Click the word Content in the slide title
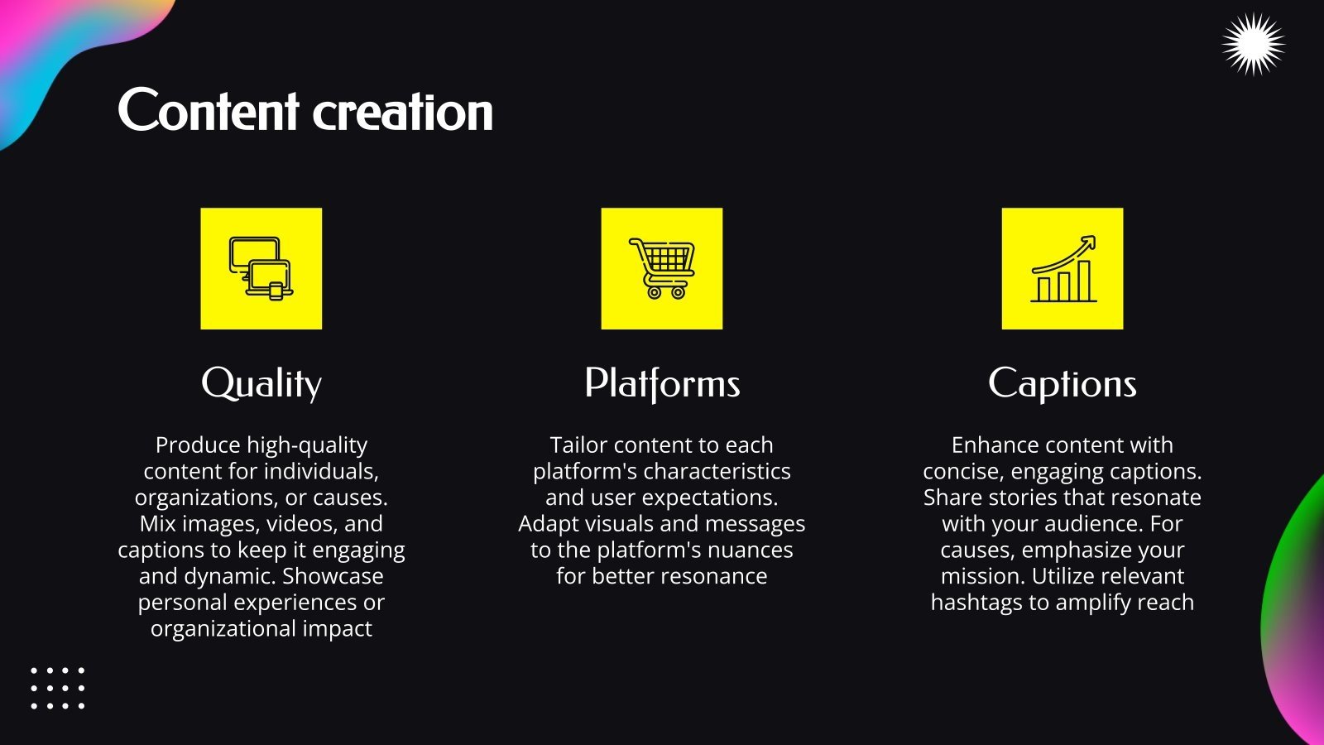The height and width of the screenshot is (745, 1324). click(x=208, y=111)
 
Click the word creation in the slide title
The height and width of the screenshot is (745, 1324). click(x=403, y=113)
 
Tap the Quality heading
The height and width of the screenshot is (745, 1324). click(x=261, y=384)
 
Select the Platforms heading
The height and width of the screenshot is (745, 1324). click(x=662, y=384)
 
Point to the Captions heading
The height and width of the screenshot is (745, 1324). click(x=1063, y=384)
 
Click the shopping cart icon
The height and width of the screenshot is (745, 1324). click(x=662, y=268)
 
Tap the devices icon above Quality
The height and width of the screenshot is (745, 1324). click(x=261, y=268)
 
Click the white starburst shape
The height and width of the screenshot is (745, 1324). click(x=1254, y=45)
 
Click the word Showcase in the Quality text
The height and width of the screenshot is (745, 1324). click(x=333, y=576)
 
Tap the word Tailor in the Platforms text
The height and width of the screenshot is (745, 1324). click(x=578, y=445)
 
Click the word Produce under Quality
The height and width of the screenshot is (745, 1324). click(x=198, y=445)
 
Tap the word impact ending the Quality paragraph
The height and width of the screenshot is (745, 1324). click(x=337, y=629)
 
